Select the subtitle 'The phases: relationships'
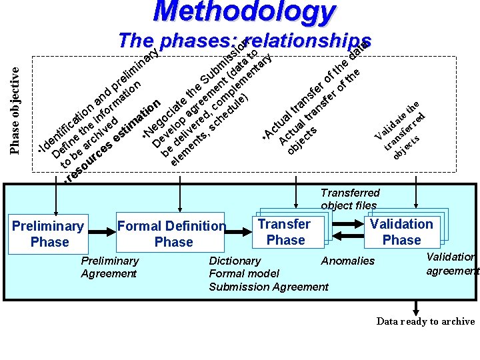pos(243,41)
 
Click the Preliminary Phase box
pos(49,234)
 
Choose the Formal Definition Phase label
pos(173,234)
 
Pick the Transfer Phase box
pos(285,232)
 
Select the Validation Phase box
pos(401,232)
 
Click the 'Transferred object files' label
pos(349,199)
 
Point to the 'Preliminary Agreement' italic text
pos(109,267)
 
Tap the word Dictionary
pos(235,261)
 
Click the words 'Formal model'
pos(244,273)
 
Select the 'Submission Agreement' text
pos(269,287)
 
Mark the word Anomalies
pos(348,261)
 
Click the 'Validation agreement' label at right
pos(453,263)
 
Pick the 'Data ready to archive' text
pos(425,321)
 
